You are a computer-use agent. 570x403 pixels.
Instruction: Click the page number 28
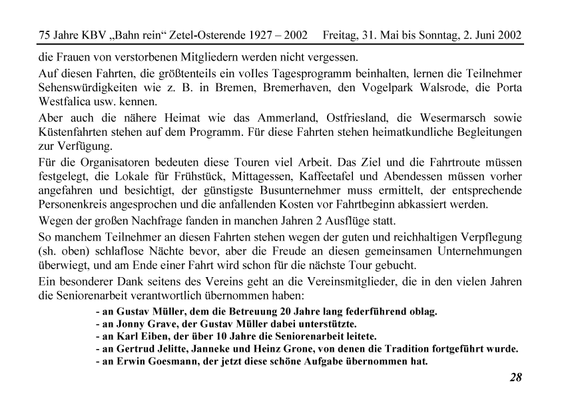tap(515, 378)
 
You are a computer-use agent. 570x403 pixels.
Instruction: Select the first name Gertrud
tap(139, 350)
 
